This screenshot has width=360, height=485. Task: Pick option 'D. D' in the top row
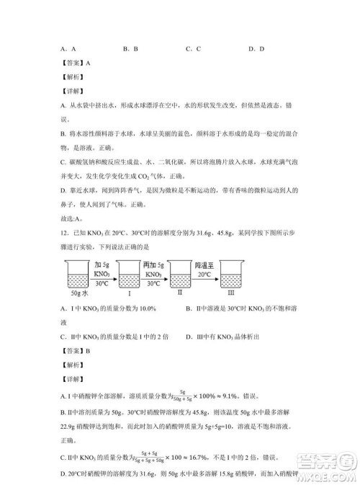click(256, 49)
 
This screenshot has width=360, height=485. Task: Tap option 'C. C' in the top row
click(193, 49)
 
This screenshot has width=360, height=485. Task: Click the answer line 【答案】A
click(76, 63)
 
